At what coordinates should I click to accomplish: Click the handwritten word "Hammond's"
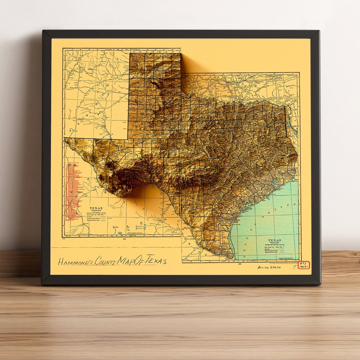(x=76, y=262)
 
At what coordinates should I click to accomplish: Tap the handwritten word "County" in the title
(x=105, y=260)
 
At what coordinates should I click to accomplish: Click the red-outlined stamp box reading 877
(x=303, y=265)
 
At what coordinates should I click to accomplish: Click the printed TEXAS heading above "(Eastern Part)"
(x=274, y=240)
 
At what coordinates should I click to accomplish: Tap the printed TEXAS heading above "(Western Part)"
(x=96, y=208)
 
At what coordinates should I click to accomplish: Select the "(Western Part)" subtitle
(x=96, y=211)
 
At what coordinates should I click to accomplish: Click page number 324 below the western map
(x=125, y=239)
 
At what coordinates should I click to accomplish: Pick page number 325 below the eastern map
(x=240, y=264)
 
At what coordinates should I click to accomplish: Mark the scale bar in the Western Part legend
(x=96, y=214)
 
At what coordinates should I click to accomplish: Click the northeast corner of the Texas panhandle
(x=180, y=53)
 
